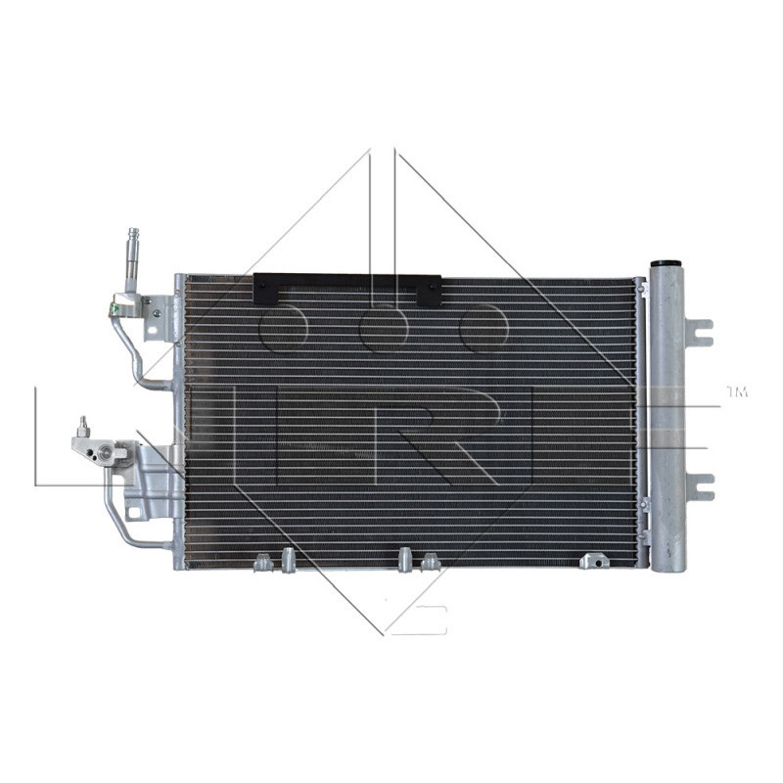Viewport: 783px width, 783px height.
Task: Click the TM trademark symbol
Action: pyautogui.click(x=736, y=392)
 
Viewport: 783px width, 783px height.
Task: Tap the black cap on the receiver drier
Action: pyautogui.click(x=667, y=263)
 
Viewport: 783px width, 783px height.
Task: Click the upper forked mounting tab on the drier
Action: pyautogui.click(x=699, y=333)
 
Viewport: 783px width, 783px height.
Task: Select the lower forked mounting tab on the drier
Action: pyautogui.click(x=699, y=485)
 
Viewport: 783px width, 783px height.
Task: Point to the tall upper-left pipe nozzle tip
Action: pyautogui.click(x=132, y=235)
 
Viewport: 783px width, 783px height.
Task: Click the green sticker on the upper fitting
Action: pyautogui.click(x=155, y=313)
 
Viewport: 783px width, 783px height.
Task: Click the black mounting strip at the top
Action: pyautogui.click(x=347, y=288)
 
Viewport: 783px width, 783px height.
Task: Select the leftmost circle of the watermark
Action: pyautogui.click(x=284, y=327)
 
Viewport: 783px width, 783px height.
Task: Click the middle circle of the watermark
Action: pyautogui.click(x=384, y=327)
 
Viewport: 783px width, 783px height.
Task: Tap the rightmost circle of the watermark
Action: pyautogui.click(x=484, y=327)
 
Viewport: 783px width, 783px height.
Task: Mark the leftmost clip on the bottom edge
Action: pyautogui.click(x=262, y=562)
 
